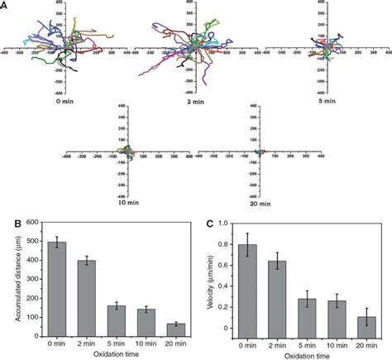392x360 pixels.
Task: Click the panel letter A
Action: (5, 6)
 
